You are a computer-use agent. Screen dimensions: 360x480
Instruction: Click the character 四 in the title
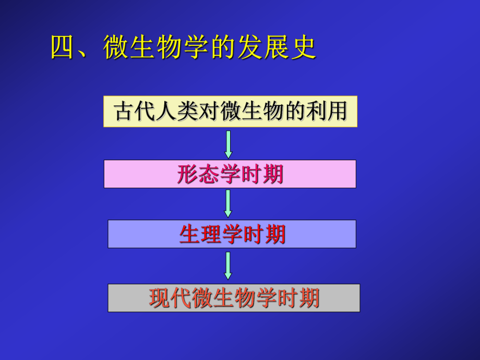pos(64,48)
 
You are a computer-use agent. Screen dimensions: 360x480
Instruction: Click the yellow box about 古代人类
pos(230,112)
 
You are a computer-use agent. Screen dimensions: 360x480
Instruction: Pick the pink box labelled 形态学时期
pos(230,174)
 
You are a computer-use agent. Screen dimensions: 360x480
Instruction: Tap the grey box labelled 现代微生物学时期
pos(234,298)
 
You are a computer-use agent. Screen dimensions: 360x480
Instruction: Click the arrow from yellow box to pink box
pos(228,144)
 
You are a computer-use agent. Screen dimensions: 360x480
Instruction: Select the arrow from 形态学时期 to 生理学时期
pos(228,204)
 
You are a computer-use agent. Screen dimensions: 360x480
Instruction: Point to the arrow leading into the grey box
pos(228,266)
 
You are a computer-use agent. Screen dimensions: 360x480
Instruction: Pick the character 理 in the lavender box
pos(211,235)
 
